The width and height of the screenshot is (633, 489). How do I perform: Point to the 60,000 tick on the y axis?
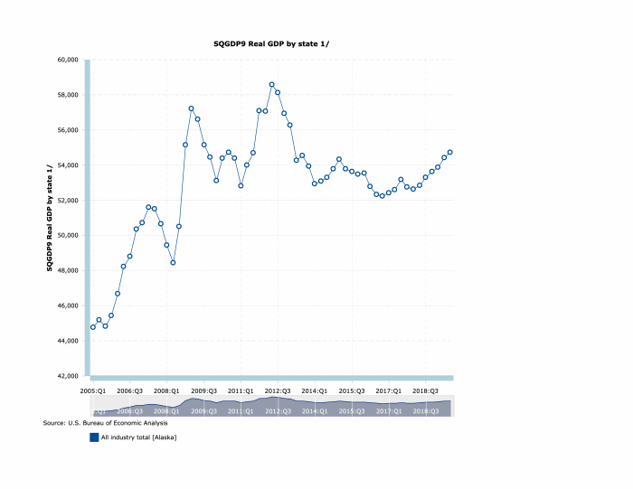click(69, 60)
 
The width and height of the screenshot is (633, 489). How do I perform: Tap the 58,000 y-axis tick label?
click(69, 95)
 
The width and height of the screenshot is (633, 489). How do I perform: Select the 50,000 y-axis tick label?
click(69, 235)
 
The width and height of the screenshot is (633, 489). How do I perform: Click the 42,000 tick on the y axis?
click(69, 375)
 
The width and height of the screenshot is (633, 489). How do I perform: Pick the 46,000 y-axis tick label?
click(69, 306)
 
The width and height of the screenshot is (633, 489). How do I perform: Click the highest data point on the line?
click(271, 85)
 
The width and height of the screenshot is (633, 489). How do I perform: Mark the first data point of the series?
click(93, 326)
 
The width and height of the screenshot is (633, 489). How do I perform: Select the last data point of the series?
click(450, 152)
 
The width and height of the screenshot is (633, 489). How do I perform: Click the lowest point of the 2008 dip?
click(173, 262)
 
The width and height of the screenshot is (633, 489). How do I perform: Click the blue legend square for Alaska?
click(94, 437)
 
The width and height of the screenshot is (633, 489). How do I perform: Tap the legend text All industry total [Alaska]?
click(138, 437)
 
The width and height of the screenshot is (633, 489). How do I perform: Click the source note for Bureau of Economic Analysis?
click(105, 423)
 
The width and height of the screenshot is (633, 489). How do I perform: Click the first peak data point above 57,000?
click(192, 108)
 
